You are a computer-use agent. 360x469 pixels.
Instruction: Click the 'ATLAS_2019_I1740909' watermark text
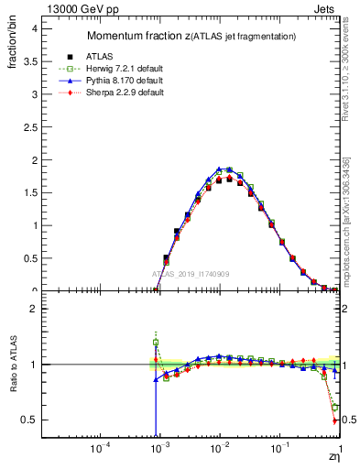(192, 274)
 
